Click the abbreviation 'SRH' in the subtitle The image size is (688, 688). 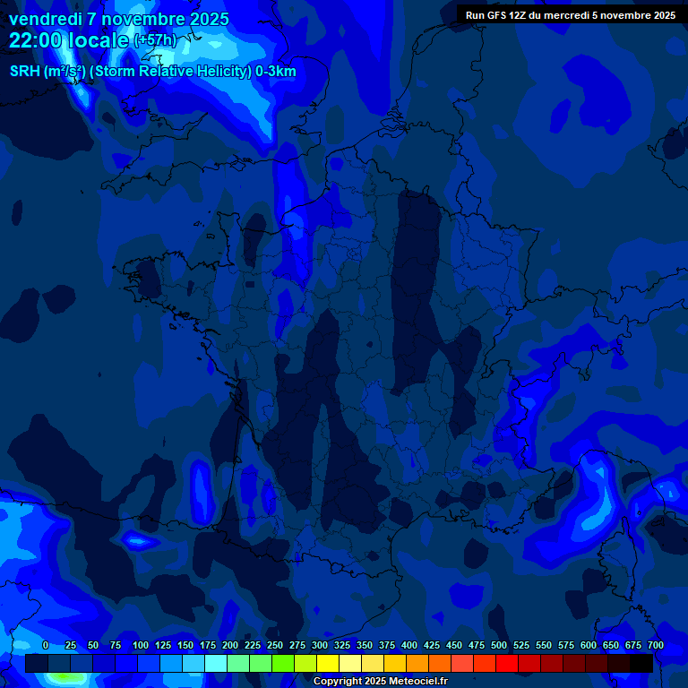point(25,72)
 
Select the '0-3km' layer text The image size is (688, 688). point(276,72)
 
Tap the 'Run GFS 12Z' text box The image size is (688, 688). point(570,15)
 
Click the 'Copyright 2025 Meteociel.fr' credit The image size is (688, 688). point(380,682)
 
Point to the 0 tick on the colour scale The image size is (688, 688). point(46,645)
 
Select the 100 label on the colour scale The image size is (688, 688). point(141,645)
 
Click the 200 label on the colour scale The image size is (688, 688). point(230,645)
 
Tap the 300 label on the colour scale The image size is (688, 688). point(320,645)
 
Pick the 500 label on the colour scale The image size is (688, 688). point(499,645)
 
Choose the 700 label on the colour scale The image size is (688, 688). point(655,645)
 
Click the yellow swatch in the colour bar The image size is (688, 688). point(328,664)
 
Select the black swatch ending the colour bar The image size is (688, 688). point(641,664)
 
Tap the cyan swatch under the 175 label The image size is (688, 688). point(216,664)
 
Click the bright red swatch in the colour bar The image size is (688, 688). point(507,664)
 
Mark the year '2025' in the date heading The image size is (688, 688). point(211,19)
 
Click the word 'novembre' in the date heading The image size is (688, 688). point(144,19)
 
